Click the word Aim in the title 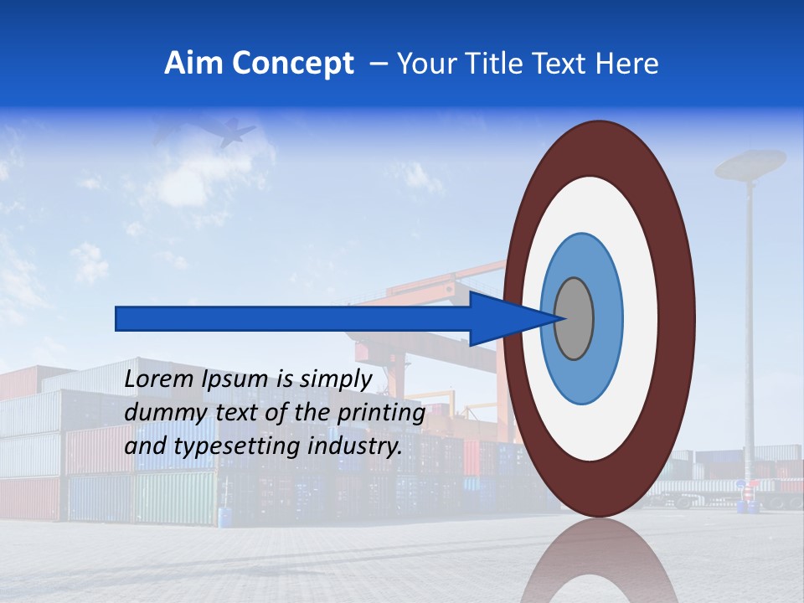point(193,64)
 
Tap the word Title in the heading point(489,64)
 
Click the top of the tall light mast point(750,163)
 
